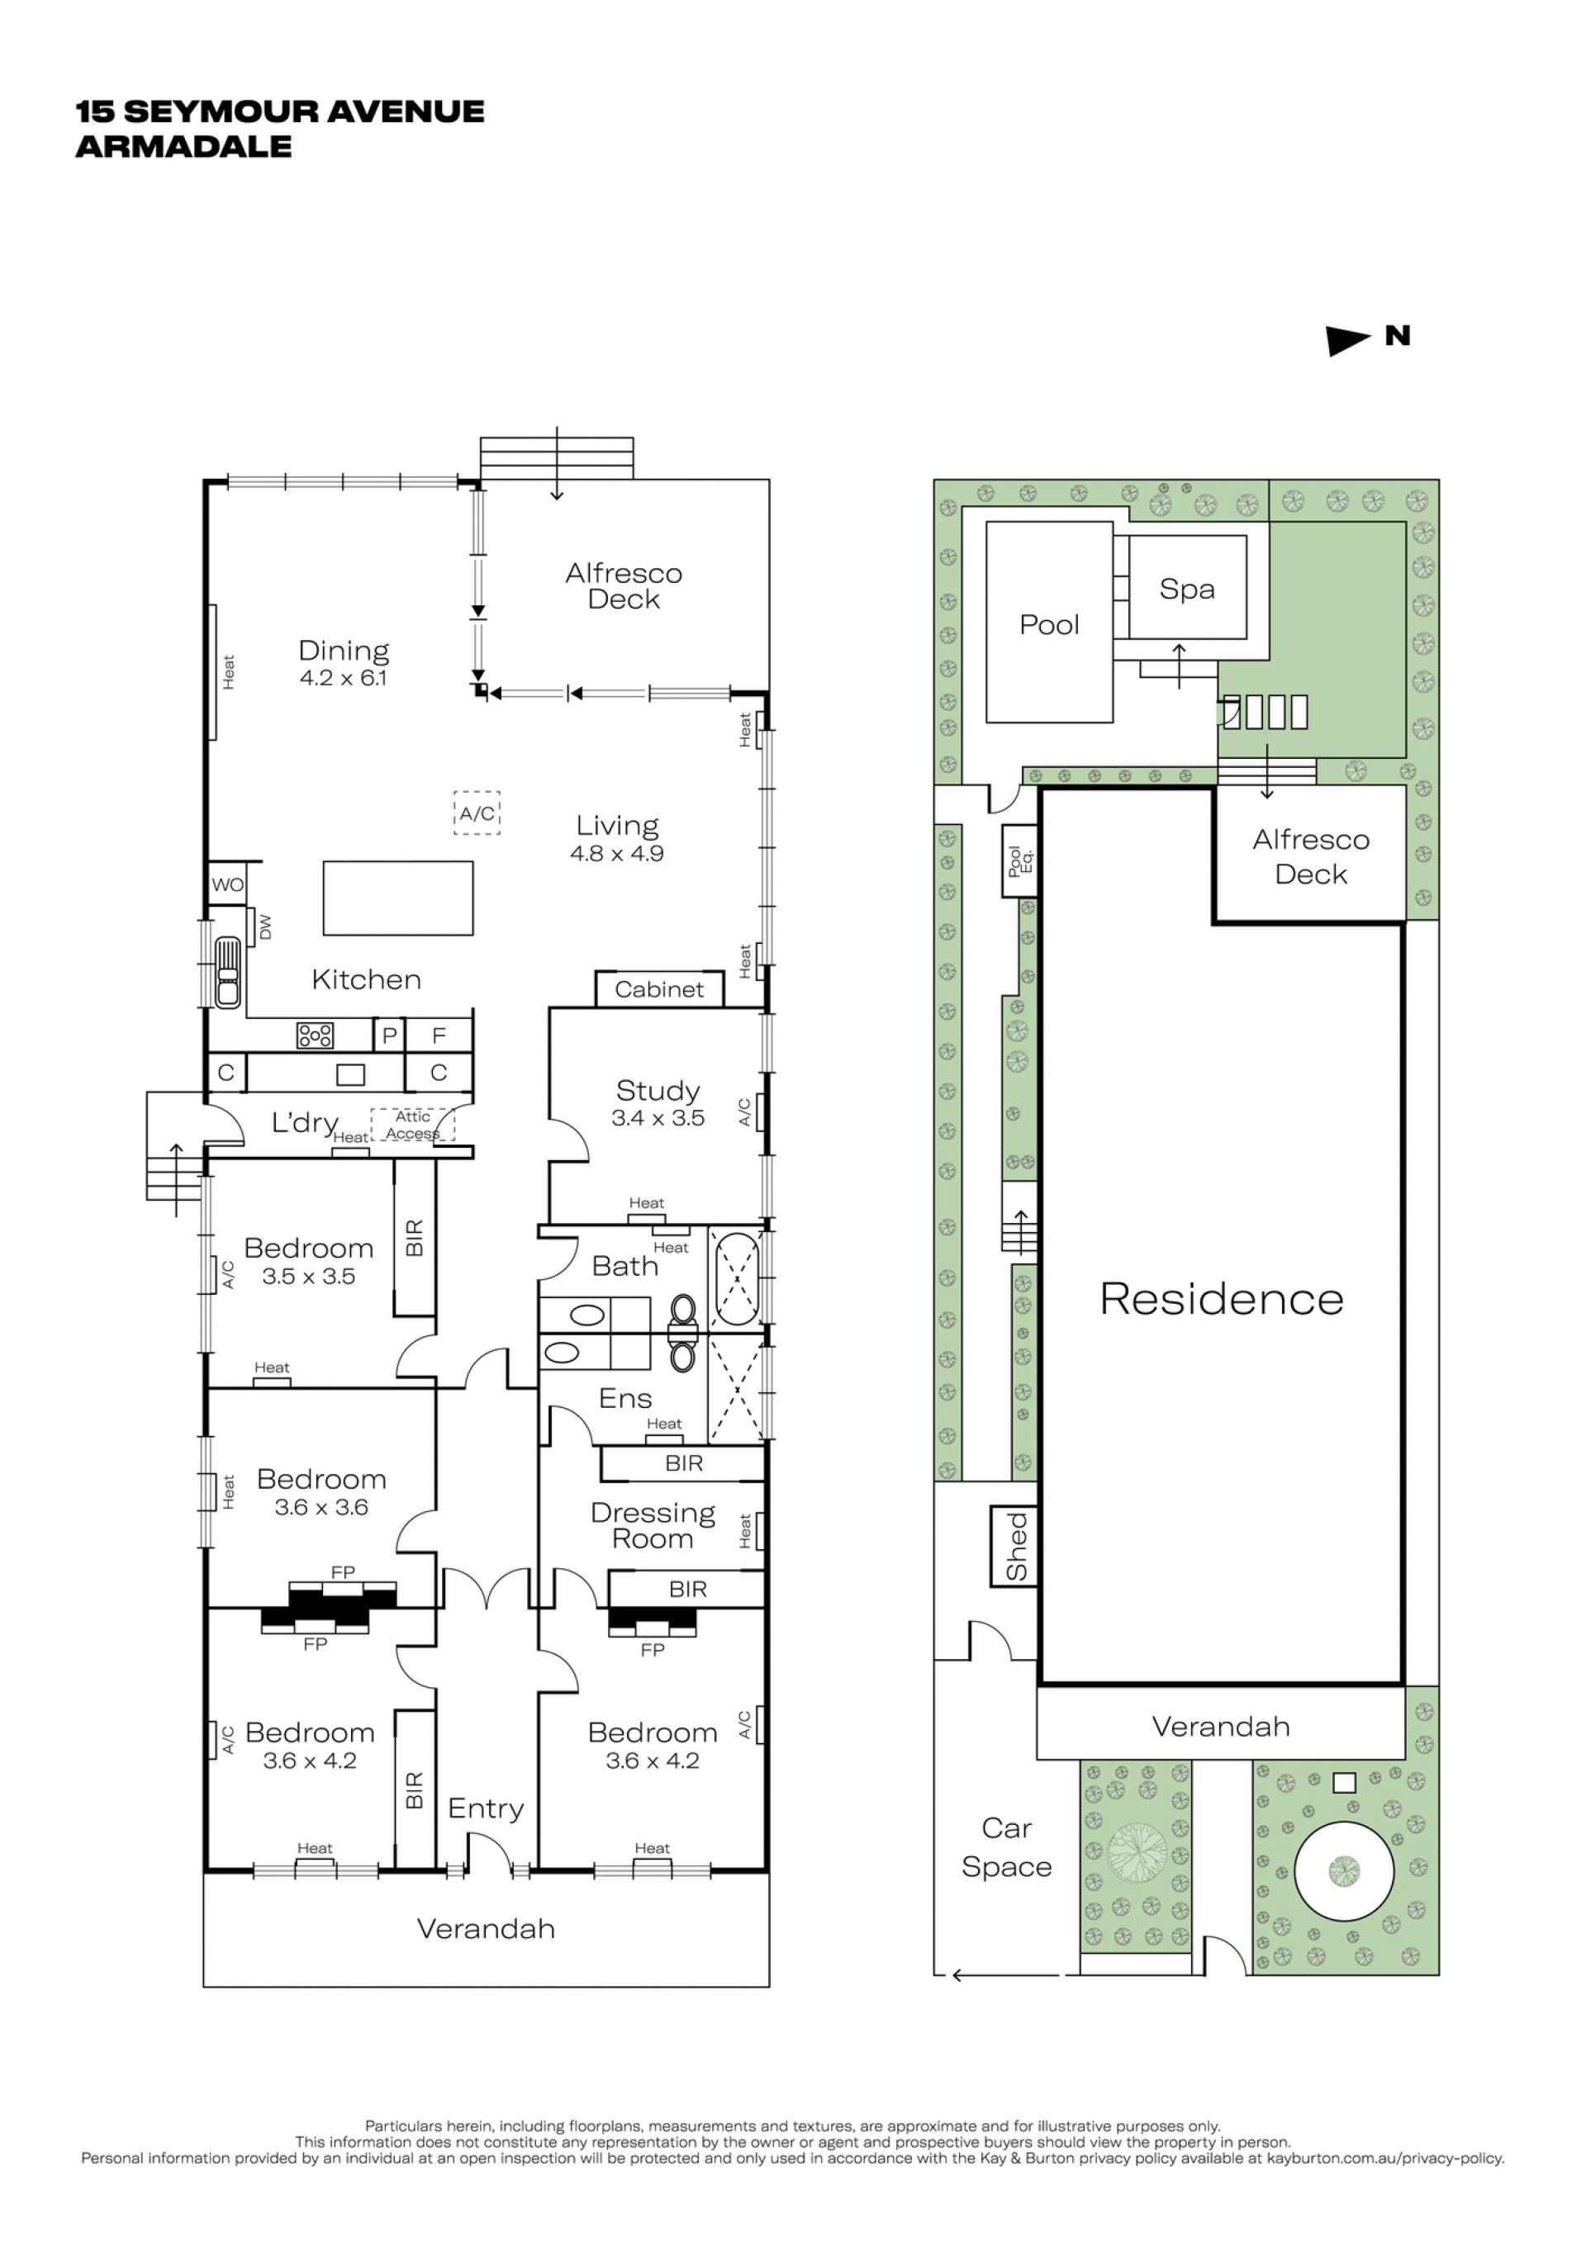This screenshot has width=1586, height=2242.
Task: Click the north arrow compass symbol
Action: pos(1349,340)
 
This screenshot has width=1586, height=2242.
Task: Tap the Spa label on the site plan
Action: pos(1186,589)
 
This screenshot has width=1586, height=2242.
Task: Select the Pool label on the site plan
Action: pos(1049,624)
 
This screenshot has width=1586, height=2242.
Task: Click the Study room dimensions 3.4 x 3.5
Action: pos(658,1118)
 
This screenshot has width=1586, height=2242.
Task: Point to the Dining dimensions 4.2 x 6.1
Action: pos(343,678)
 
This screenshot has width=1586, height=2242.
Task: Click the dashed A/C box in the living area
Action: pos(477,813)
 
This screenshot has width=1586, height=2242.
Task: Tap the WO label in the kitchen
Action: pos(227,884)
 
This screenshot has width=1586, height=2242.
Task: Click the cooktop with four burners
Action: pos(315,1035)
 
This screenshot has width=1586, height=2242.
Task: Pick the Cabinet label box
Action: pos(659,989)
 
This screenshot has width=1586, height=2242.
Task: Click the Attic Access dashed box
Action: pos(412,1125)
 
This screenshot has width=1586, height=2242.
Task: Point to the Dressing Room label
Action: pos(653,1525)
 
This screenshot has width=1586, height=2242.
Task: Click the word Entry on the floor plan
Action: pos(486,1808)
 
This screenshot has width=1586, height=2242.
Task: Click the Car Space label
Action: pos(1007,1847)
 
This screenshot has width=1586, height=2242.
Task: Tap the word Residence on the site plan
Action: pos(1222,1299)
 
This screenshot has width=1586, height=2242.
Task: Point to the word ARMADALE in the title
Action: pos(183,146)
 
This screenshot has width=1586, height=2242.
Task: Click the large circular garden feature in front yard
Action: pos(1344,1870)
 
